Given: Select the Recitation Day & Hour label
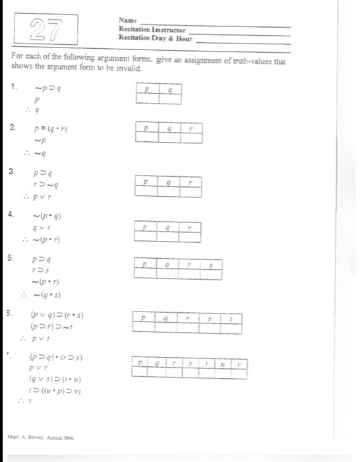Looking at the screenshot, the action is (x=154, y=38).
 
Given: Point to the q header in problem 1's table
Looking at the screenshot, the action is (x=170, y=89).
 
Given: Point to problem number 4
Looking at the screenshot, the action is (x=11, y=214).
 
